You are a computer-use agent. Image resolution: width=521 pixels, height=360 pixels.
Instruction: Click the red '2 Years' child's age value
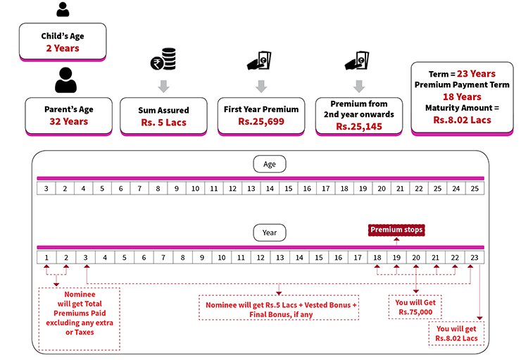[x=63, y=48]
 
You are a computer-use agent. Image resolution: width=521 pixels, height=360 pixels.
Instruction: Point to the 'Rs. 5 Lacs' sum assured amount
[x=163, y=121]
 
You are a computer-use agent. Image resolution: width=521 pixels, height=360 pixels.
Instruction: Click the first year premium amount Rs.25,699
[x=260, y=121]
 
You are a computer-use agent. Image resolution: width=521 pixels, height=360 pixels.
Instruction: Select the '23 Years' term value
[x=475, y=73]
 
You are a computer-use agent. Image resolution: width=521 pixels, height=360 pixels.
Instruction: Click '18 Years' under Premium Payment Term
[x=461, y=97]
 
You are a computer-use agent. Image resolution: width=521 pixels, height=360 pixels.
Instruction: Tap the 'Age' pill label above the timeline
[x=270, y=165]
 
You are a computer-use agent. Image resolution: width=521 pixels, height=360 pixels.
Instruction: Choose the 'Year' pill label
[x=270, y=232]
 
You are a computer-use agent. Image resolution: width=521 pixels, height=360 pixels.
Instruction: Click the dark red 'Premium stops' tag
[x=397, y=230]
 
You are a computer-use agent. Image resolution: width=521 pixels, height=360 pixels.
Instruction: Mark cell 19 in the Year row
[x=397, y=259]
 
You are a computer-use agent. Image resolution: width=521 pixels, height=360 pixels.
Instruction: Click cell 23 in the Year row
[x=475, y=259]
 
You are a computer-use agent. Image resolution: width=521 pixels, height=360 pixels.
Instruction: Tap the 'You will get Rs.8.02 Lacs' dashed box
[x=457, y=333]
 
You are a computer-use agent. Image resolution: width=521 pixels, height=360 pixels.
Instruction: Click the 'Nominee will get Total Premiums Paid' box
[x=80, y=317]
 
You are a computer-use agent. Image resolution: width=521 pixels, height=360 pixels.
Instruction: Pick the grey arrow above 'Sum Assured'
[x=163, y=87]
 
